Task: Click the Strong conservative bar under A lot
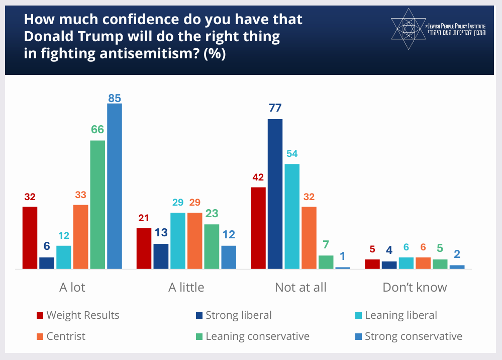115,186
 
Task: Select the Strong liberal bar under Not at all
275,194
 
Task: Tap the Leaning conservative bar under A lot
97,205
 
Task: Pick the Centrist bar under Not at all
309,238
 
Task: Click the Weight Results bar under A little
144,248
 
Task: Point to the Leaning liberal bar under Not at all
292,216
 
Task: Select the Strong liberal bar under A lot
47,263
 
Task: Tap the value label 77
275,108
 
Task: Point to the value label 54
292,153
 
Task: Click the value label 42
258,177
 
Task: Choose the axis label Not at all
300,288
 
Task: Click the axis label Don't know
415,288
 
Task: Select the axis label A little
186,288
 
